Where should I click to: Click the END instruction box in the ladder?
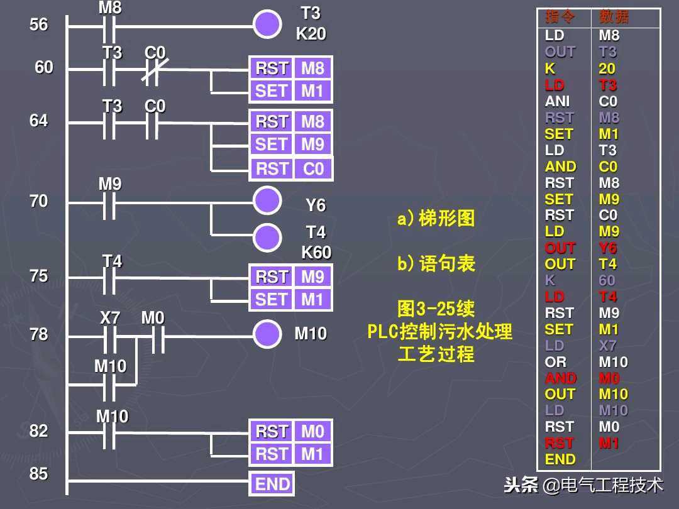click(272, 484)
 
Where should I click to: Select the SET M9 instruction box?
click(290, 145)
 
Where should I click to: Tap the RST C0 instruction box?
click(290, 169)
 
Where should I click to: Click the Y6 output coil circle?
click(267, 201)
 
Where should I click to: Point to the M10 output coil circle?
click(267, 334)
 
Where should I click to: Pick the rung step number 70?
click(39, 201)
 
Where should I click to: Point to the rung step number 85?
click(39, 473)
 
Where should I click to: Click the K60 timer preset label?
click(316, 252)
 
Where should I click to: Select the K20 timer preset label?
click(311, 34)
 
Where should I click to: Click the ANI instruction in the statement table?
click(557, 101)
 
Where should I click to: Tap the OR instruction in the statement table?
click(556, 362)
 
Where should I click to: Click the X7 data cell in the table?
click(608, 346)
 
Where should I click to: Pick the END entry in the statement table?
click(560, 459)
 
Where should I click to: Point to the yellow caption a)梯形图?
click(436, 219)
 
